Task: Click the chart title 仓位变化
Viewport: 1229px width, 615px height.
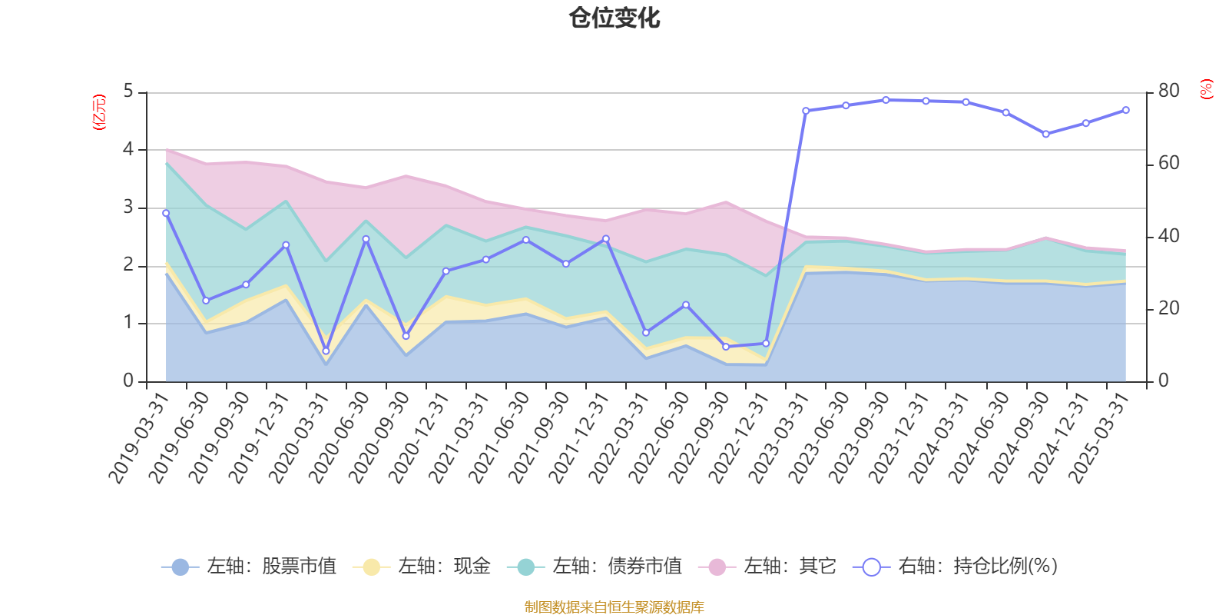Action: coord(614,18)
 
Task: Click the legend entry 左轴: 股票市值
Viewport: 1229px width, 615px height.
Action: coord(250,567)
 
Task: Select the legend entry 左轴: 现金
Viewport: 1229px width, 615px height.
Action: coord(422,567)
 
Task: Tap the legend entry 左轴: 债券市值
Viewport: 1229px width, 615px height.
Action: coord(595,567)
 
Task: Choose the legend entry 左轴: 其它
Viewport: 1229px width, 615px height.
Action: coord(767,567)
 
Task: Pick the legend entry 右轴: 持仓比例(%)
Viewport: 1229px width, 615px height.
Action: coord(956,567)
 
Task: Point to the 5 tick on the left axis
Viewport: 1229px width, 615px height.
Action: coord(128,91)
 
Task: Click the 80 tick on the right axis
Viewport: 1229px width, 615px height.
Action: coord(1168,91)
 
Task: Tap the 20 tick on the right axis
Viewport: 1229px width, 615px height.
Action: coord(1168,308)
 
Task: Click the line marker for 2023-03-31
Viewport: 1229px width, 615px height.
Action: coord(806,111)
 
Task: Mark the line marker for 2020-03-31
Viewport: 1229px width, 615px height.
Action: coord(326,351)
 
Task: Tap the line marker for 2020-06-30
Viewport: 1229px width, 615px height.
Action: coord(366,239)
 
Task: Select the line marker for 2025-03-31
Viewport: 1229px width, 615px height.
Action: coord(1126,110)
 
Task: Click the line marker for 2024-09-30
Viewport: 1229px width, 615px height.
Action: coord(1045,135)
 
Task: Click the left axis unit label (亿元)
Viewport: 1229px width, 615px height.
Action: coord(98,112)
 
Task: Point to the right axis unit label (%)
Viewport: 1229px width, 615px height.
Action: coord(1206,89)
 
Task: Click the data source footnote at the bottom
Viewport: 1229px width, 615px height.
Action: coord(614,607)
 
